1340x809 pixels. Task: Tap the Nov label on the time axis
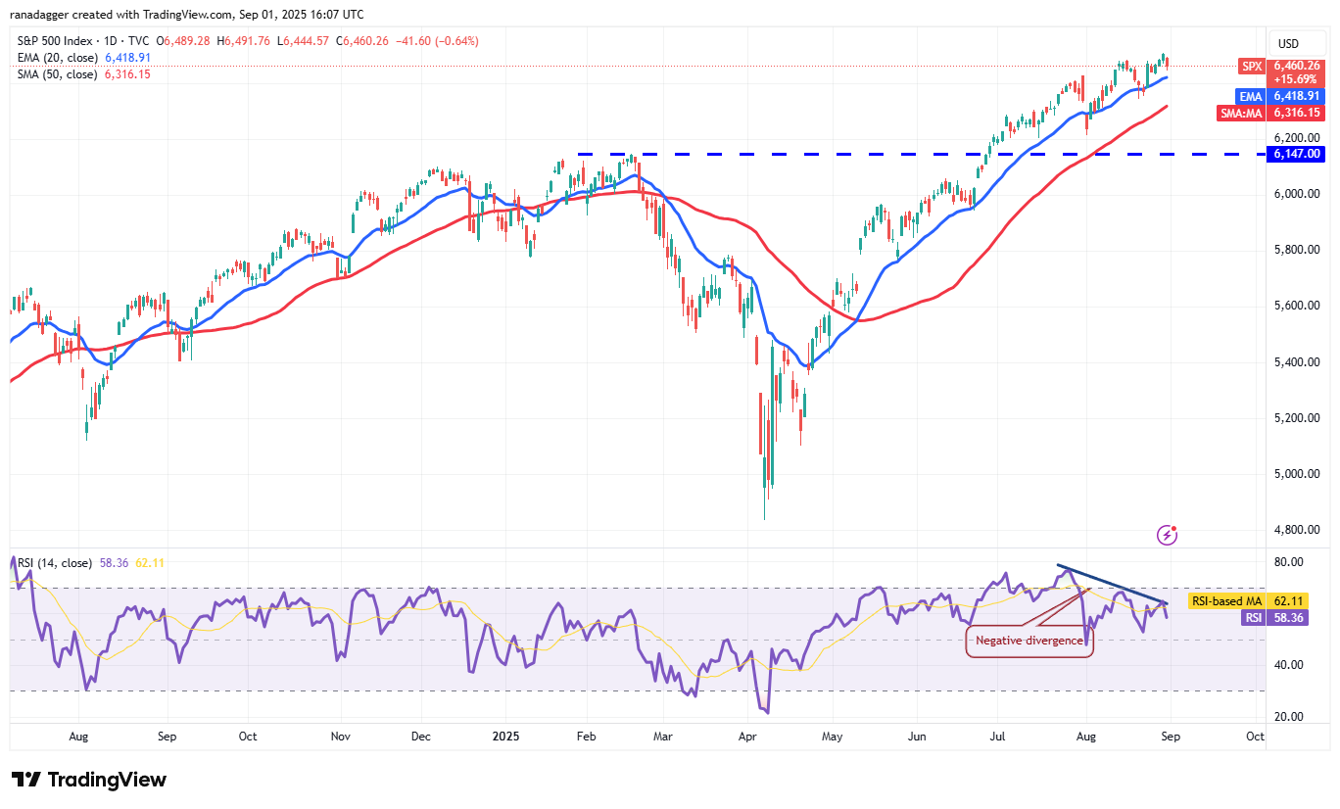341,736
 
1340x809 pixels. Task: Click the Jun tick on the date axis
917,736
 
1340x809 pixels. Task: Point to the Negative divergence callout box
1029,641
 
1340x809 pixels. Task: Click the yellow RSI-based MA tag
1225,601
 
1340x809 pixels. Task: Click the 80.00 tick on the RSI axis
1289,562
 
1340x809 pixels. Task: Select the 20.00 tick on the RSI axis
1289,716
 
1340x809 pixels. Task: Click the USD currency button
1288,44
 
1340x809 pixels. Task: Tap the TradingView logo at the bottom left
89,780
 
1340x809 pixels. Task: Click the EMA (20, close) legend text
58,58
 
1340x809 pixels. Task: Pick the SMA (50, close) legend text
58,74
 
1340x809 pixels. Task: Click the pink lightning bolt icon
1167,535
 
